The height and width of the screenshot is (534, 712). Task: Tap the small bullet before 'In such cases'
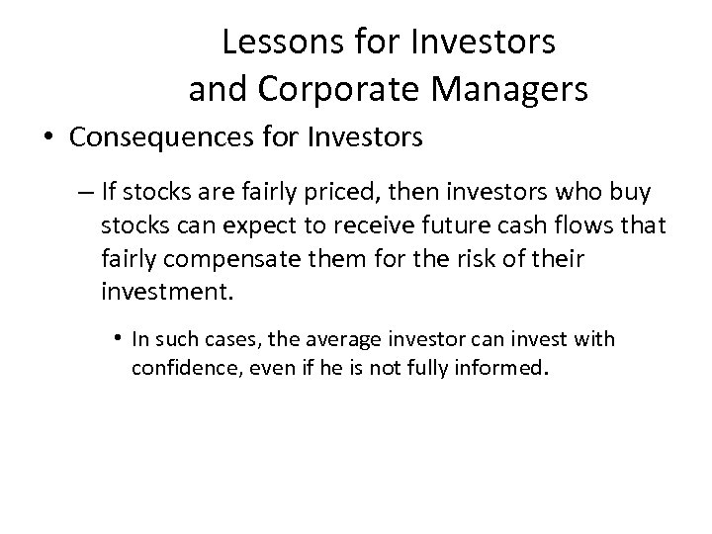click(117, 340)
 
